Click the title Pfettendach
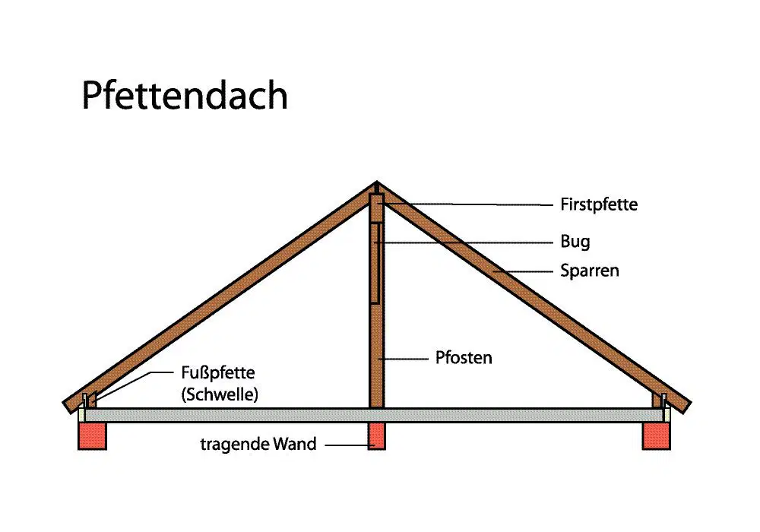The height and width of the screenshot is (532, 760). [185, 95]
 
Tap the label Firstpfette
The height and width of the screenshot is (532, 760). [599, 204]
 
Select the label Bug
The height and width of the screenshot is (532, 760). [575, 241]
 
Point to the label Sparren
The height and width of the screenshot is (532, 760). [590, 271]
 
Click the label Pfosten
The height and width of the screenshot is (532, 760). [464, 357]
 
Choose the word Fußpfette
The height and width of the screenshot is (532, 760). [217, 372]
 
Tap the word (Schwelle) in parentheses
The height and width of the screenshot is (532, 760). [220, 394]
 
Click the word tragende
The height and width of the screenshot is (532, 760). [234, 445]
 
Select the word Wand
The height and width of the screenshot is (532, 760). [294, 443]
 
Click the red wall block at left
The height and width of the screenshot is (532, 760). [92, 436]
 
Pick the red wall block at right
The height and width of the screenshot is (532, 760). [657, 436]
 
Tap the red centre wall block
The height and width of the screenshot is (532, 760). [377, 436]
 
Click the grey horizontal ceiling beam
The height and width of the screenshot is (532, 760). [374, 415]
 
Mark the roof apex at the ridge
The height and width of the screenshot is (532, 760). [377, 182]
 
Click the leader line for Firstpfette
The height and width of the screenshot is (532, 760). [467, 204]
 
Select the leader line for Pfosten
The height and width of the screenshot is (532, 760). [404, 359]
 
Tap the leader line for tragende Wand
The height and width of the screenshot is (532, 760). [349, 445]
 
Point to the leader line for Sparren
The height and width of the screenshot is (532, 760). [523, 272]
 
